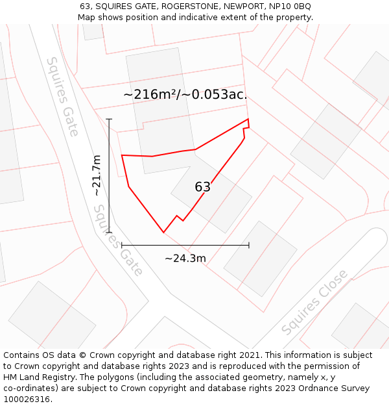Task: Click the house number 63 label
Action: point(202,187)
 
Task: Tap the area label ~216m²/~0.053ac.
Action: point(185,94)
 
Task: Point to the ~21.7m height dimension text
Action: point(97,175)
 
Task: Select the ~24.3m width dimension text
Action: point(185,259)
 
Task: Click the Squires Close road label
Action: point(314,303)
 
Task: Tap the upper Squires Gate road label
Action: point(62,97)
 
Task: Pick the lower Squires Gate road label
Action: point(119,241)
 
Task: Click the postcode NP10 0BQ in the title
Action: point(290,6)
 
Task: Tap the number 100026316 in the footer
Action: point(27,400)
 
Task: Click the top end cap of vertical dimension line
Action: point(109,119)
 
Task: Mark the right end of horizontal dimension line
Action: point(249,245)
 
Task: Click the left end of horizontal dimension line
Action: point(122,245)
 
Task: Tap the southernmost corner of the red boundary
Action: point(163,232)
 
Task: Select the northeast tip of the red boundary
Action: point(248,119)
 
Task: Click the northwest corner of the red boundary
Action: point(122,155)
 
